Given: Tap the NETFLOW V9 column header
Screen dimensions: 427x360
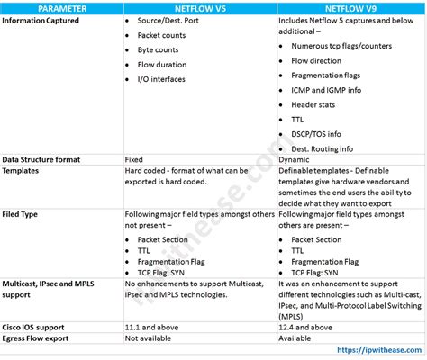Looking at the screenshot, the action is (x=347, y=7).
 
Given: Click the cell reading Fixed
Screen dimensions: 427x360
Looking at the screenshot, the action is (x=135, y=158).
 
